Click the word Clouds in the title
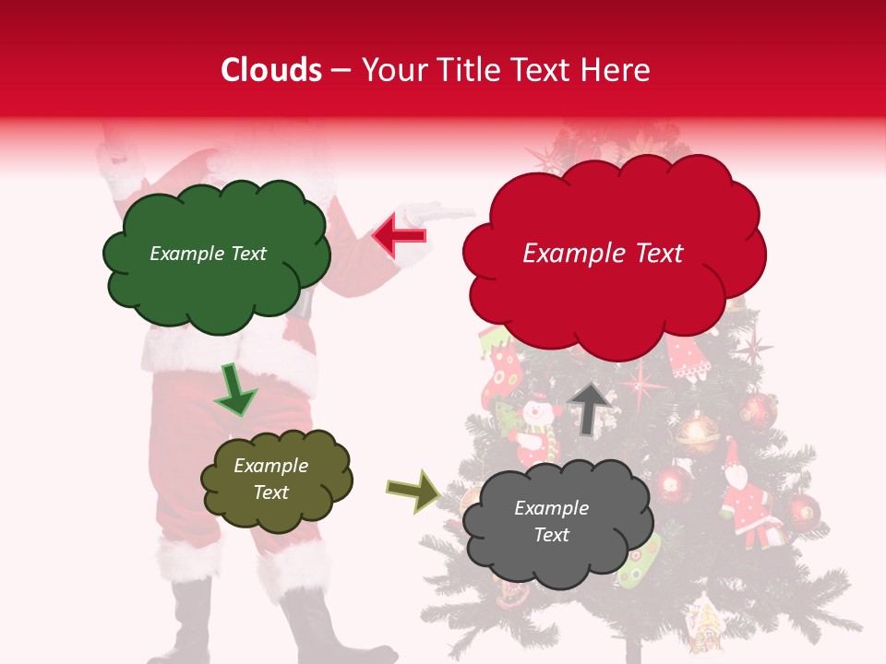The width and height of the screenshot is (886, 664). click(271, 70)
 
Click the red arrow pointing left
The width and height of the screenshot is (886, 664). click(400, 235)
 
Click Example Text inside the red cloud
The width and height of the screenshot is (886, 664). click(603, 254)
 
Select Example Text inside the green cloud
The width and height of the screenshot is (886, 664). click(208, 254)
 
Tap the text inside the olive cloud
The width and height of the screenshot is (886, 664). click(270, 479)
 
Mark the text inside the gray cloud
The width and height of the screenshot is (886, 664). click(551, 521)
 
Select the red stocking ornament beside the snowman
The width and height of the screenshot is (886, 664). click(503, 373)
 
